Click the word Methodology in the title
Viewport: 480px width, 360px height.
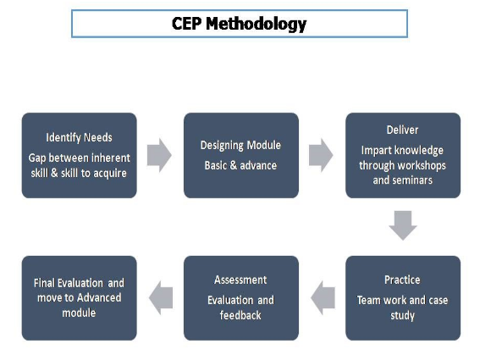click(256, 24)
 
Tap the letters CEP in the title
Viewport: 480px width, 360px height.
click(186, 23)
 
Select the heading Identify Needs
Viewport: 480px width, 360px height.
click(79, 137)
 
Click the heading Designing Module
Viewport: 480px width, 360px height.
click(240, 145)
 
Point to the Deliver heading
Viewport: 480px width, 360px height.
click(402, 130)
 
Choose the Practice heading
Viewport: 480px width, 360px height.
click(402, 280)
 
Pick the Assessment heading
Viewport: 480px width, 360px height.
click(240, 280)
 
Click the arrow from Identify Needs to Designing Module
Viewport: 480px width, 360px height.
click(159, 155)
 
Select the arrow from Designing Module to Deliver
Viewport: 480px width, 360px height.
click(321, 155)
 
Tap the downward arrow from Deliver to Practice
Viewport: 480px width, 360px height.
click(403, 225)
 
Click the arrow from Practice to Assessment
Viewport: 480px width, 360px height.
click(323, 298)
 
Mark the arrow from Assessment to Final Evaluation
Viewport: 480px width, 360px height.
click(161, 298)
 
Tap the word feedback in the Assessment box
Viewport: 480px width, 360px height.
click(240, 315)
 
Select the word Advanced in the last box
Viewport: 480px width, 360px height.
click(99, 298)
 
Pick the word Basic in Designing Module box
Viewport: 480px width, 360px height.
click(216, 165)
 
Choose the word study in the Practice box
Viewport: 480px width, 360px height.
click(403, 316)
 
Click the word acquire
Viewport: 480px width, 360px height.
click(110, 174)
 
